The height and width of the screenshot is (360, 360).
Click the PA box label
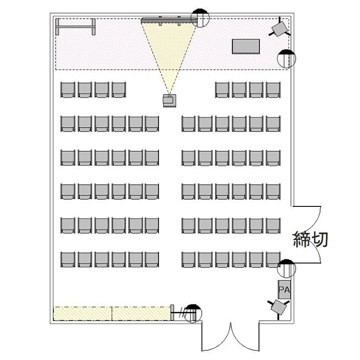[x=284, y=289]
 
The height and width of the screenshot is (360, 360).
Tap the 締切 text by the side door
[x=311, y=239]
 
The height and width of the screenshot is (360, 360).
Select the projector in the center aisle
[x=169, y=101]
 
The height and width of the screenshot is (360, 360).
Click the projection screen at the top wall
[x=169, y=20]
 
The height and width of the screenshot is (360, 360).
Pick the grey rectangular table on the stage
[x=246, y=47]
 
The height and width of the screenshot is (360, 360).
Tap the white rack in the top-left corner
[x=75, y=26]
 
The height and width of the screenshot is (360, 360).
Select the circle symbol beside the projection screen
[x=200, y=18]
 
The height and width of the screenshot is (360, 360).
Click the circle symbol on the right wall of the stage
[x=286, y=59]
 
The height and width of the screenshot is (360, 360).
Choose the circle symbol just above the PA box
[x=286, y=268]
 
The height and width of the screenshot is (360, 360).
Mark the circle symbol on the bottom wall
[x=193, y=313]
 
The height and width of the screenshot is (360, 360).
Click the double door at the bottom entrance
[x=230, y=337]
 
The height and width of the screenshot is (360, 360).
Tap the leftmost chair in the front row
[x=68, y=90]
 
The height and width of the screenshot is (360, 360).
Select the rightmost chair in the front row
[x=273, y=90]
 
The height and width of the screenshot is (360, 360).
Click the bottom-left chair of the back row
[x=68, y=259]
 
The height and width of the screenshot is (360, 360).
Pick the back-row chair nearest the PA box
[x=273, y=259]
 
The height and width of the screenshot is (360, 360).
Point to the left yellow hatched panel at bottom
[x=83, y=313]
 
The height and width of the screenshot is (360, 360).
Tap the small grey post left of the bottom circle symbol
[x=172, y=312]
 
